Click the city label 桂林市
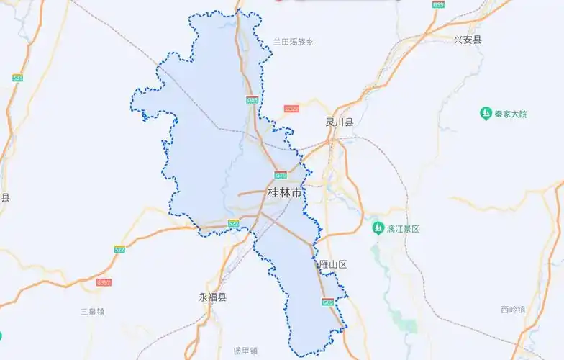click(x=285, y=193)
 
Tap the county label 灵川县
click(x=340, y=122)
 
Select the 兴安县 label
click(x=468, y=40)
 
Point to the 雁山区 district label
click(x=332, y=265)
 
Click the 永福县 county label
click(x=212, y=297)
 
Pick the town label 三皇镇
click(x=93, y=312)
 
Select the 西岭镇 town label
click(x=513, y=310)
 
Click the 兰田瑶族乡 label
click(x=293, y=42)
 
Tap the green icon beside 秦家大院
click(x=486, y=114)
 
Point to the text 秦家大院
click(x=511, y=114)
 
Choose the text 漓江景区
click(x=403, y=229)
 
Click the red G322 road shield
click(x=291, y=109)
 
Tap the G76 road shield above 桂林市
click(x=280, y=175)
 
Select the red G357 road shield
click(x=104, y=283)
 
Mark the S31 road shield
click(x=18, y=78)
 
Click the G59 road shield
click(x=438, y=4)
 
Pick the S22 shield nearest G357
click(x=119, y=249)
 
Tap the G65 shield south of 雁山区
click(x=327, y=302)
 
